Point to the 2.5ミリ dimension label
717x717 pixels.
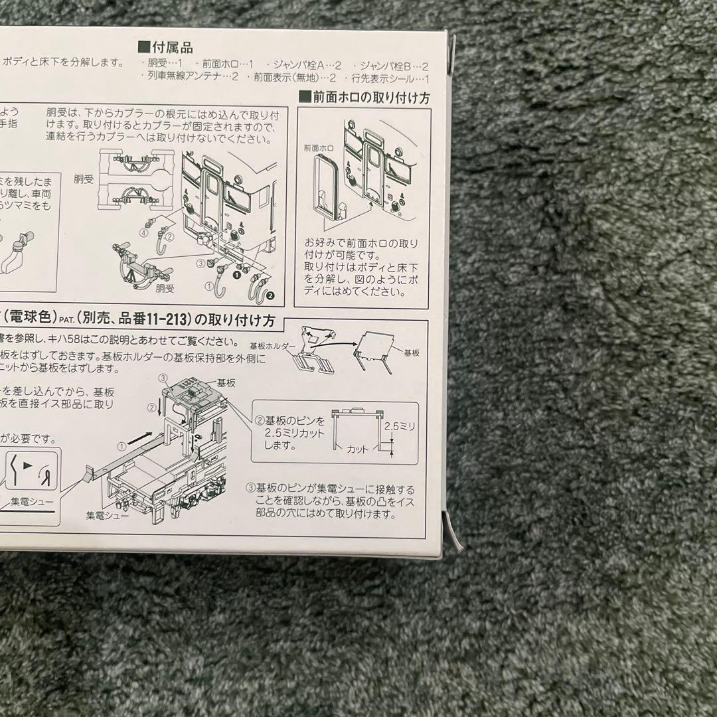coord(402,426)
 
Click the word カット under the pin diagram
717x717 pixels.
coord(357,449)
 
